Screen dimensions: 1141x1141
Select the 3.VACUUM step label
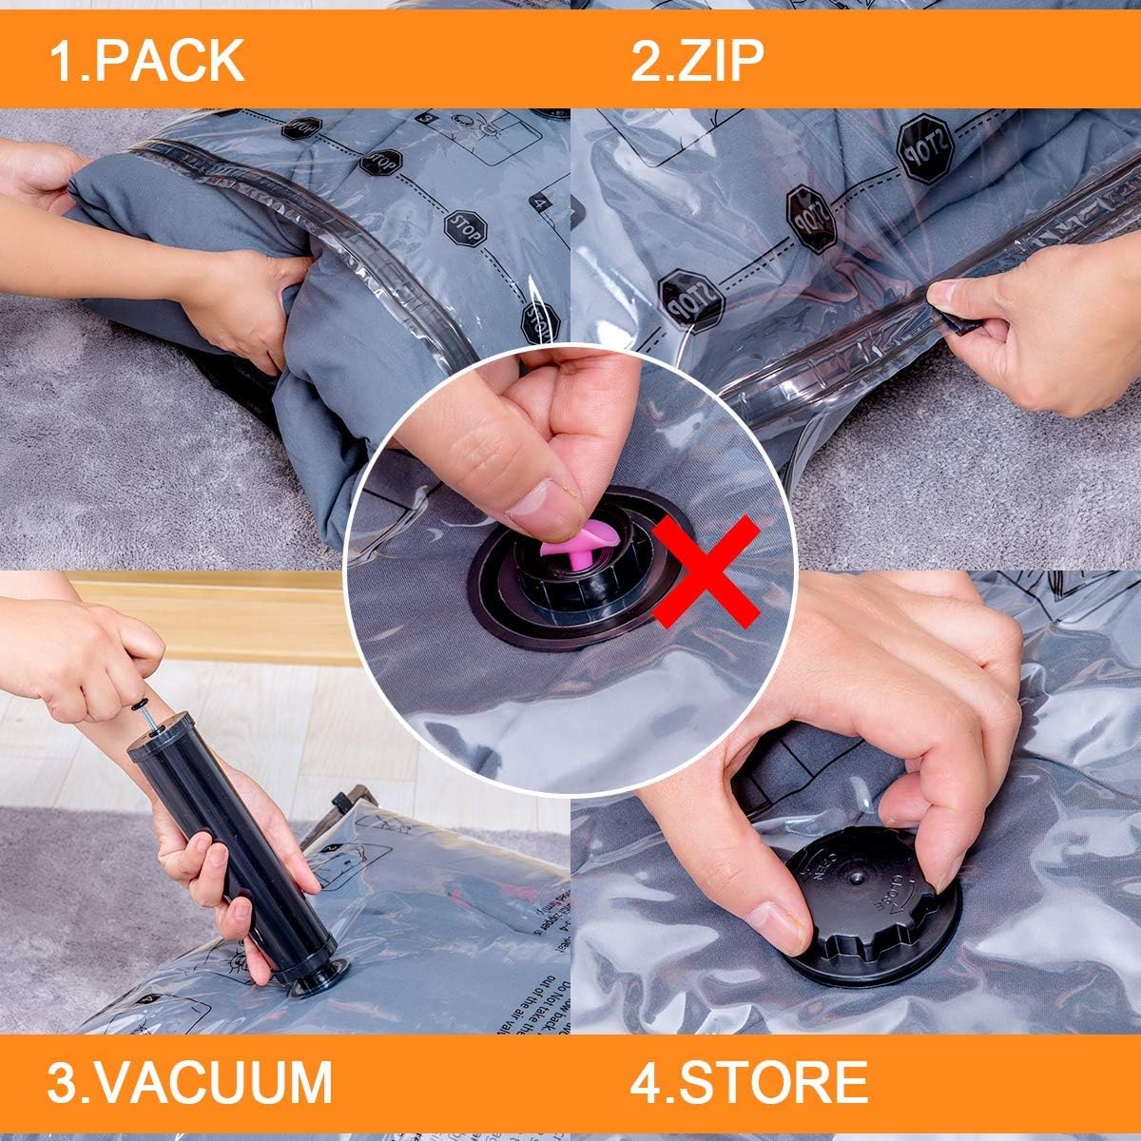click(190, 1081)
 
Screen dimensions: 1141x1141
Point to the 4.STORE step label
click(748, 1081)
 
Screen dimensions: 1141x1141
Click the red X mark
click(704, 570)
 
